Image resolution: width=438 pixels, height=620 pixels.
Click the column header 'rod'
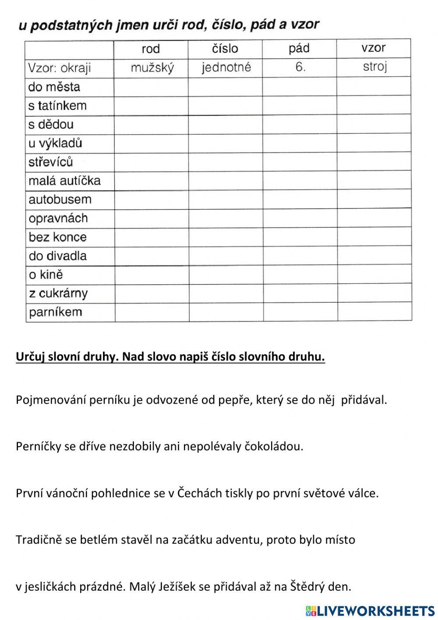[x=151, y=49]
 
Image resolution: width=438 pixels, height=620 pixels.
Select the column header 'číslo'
[x=225, y=48]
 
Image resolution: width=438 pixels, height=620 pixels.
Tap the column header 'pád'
[x=299, y=48]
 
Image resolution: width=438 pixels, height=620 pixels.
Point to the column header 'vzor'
[x=374, y=48]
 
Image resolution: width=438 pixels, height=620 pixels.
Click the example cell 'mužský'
[x=152, y=68]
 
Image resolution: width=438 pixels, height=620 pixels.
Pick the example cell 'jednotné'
[x=226, y=68]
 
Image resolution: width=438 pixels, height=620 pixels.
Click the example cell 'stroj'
[x=375, y=67]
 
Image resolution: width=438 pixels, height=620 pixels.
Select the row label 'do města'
[x=54, y=87]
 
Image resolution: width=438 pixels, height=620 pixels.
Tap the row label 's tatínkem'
[x=57, y=106]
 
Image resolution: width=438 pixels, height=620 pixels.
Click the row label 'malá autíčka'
[x=64, y=181]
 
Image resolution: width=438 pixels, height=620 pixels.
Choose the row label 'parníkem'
[x=56, y=312]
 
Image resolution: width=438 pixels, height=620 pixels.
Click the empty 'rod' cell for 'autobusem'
[x=152, y=200]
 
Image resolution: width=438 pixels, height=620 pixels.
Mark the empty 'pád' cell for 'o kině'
[x=300, y=275]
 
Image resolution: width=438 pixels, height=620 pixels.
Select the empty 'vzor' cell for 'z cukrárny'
[x=375, y=293]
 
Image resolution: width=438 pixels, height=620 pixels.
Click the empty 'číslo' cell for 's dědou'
[x=226, y=125]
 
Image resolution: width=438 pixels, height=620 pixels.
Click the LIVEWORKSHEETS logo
[x=370, y=610]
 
